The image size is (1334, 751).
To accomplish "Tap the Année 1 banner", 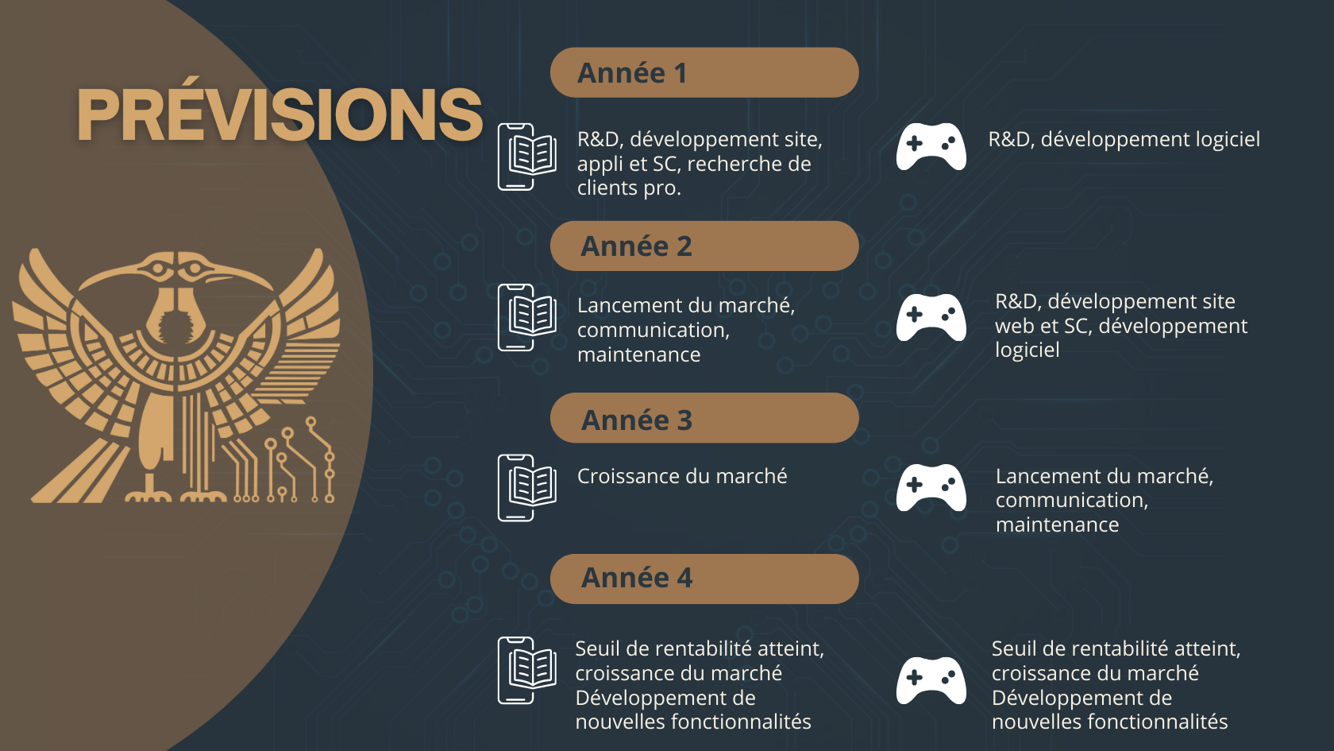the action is (x=704, y=73).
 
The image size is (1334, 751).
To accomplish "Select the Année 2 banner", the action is (x=704, y=246).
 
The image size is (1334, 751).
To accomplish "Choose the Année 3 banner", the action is (x=704, y=418).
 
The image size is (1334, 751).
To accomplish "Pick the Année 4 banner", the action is (x=704, y=579).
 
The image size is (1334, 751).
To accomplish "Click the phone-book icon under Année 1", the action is (x=527, y=157).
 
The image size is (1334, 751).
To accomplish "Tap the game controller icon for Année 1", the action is (x=931, y=146).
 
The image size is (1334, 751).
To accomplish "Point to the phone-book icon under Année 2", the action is (x=527, y=318).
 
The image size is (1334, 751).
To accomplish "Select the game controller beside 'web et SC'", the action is (x=931, y=317).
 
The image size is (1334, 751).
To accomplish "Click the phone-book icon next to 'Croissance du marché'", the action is (x=527, y=488).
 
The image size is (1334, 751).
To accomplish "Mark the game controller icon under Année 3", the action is (x=931, y=488).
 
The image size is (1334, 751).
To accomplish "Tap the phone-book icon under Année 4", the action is (x=527, y=671).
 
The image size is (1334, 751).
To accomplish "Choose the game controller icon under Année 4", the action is (x=931, y=680).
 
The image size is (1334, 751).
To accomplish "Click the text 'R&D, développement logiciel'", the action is (x=1124, y=140).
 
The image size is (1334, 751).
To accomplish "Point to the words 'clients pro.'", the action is (x=629, y=188).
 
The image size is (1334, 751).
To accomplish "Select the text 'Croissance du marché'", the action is (x=682, y=476).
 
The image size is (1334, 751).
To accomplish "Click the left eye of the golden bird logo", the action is (x=159, y=269).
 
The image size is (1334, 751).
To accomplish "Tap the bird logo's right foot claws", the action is (x=203, y=496).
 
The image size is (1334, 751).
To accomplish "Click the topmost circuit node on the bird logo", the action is (x=310, y=422).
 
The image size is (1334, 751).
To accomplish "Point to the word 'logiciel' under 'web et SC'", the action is (x=1027, y=350).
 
